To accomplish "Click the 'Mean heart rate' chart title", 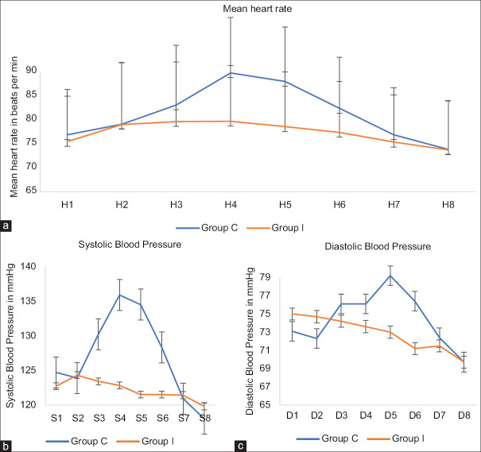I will pos(239,8).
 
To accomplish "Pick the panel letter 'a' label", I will pos(7,226).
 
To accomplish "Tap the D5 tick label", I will pos(390,416).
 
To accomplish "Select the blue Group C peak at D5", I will pos(390,276).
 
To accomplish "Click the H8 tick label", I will pos(448,204).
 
